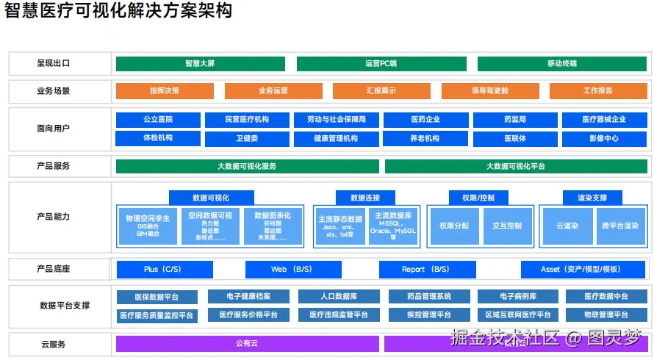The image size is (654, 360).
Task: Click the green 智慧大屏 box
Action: click(x=200, y=64)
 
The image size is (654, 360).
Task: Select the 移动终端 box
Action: click(x=561, y=64)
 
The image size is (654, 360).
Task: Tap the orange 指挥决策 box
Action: click(x=165, y=91)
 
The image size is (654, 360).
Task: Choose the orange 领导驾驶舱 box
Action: click(x=490, y=91)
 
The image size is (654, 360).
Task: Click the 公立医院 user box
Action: click(x=158, y=120)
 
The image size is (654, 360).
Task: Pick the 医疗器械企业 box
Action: click(x=604, y=120)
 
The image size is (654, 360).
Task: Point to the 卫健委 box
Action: click(x=247, y=139)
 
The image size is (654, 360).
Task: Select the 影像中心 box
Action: click(x=604, y=139)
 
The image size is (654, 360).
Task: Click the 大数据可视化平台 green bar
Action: click(x=515, y=167)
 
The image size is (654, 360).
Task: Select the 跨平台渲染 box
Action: click(x=619, y=226)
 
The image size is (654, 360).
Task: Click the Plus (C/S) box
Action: click(x=165, y=270)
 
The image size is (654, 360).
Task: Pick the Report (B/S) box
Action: click(x=425, y=270)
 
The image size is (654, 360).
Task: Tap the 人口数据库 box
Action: click(x=339, y=297)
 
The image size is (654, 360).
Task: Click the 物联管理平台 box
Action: click(x=606, y=315)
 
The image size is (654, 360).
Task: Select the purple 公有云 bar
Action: click(x=247, y=344)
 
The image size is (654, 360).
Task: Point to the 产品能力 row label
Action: click(x=54, y=217)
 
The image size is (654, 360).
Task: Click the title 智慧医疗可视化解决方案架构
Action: click(x=118, y=12)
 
